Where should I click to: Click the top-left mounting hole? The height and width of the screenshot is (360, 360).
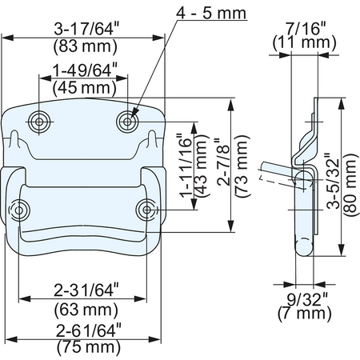point(39,122)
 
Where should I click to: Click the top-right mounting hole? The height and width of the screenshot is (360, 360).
point(127,122)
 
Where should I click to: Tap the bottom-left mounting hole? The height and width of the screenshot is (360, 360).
point(19,210)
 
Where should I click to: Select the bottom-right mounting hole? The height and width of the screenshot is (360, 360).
point(146,210)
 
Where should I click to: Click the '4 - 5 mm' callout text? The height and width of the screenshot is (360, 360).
point(211,13)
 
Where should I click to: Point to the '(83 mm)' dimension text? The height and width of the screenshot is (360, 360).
point(86,46)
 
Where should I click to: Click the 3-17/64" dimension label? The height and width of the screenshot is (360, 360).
point(86,29)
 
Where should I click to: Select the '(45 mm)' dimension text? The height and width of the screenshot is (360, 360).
point(85,88)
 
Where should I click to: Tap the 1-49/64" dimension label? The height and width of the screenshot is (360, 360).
point(85,70)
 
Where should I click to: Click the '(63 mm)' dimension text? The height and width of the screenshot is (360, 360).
point(86,310)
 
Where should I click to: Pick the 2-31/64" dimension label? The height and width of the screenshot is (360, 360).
point(86,290)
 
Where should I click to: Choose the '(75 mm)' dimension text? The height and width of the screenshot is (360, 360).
point(89,347)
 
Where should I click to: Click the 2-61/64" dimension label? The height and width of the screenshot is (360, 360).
point(89,330)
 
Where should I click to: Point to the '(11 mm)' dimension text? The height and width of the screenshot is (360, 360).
point(304,42)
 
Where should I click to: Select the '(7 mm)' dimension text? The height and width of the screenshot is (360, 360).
point(305,313)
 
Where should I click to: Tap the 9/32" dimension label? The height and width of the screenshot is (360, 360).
point(307,299)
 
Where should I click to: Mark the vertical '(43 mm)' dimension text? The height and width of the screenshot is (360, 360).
point(201,166)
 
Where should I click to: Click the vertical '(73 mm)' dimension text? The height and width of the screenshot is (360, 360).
point(242,166)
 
